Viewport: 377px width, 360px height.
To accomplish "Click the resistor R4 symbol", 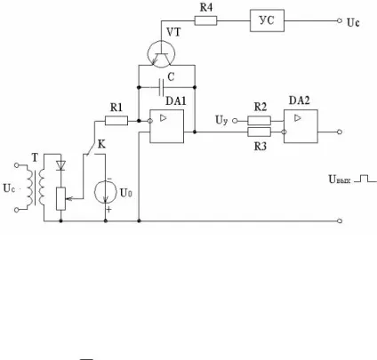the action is (x=205, y=20).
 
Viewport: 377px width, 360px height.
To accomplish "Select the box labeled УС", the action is (x=267, y=20).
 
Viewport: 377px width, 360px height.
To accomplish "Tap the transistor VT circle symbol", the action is (x=161, y=54).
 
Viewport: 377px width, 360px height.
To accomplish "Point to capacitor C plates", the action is (x=161, y=87).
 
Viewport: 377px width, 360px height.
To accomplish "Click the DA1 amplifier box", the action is (x=166, y=126).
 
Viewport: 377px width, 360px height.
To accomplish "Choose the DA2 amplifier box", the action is (x=301, y=126).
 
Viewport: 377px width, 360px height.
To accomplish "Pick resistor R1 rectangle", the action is (x=116, y=121).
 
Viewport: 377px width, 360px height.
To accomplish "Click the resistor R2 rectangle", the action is (x=259, y=121).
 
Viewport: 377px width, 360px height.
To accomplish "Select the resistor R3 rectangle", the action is (x=259, y=132).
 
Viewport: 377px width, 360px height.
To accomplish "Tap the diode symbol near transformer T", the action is (x=60, y=165).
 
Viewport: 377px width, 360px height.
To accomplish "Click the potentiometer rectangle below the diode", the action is (x=60, y=199).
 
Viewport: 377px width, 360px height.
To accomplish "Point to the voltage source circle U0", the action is (x=105, y=192).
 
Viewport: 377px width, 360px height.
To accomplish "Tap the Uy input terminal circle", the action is (x=235, y=121).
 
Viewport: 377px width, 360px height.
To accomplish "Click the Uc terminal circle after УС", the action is (x=340, y=20).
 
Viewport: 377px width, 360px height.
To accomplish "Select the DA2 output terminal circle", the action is (x=340, y=132).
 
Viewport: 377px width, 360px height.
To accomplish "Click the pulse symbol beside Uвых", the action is (x=365, y=179).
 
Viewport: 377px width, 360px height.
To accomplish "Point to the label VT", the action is (x=173, y=32).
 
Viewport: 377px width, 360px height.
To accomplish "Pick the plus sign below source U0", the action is (x=109, y=210).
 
